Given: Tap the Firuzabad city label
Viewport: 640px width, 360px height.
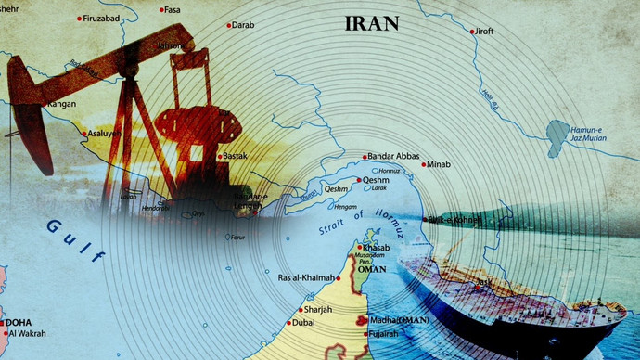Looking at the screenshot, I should tap(107, 19).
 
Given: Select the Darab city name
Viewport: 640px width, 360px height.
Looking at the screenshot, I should tap(243, 26).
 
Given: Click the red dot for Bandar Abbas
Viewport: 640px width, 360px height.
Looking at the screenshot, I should tap(364, 156).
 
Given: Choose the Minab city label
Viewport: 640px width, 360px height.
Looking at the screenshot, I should tap(438, 165).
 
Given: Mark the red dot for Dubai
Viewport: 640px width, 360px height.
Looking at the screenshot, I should tap(288, 324).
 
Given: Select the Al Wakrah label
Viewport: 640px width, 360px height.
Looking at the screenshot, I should tap(29, 334).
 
